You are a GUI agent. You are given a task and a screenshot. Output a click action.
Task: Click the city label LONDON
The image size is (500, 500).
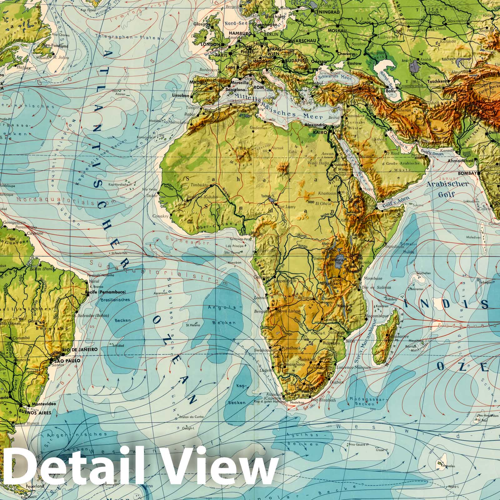[x=211, y=44]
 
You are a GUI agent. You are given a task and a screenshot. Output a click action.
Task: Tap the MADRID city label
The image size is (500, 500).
[x=199, y=83]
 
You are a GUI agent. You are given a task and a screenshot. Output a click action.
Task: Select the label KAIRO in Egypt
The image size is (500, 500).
[x=318, y=132]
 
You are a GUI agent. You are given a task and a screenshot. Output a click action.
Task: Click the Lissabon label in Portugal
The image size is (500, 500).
[x=181, y=96]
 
